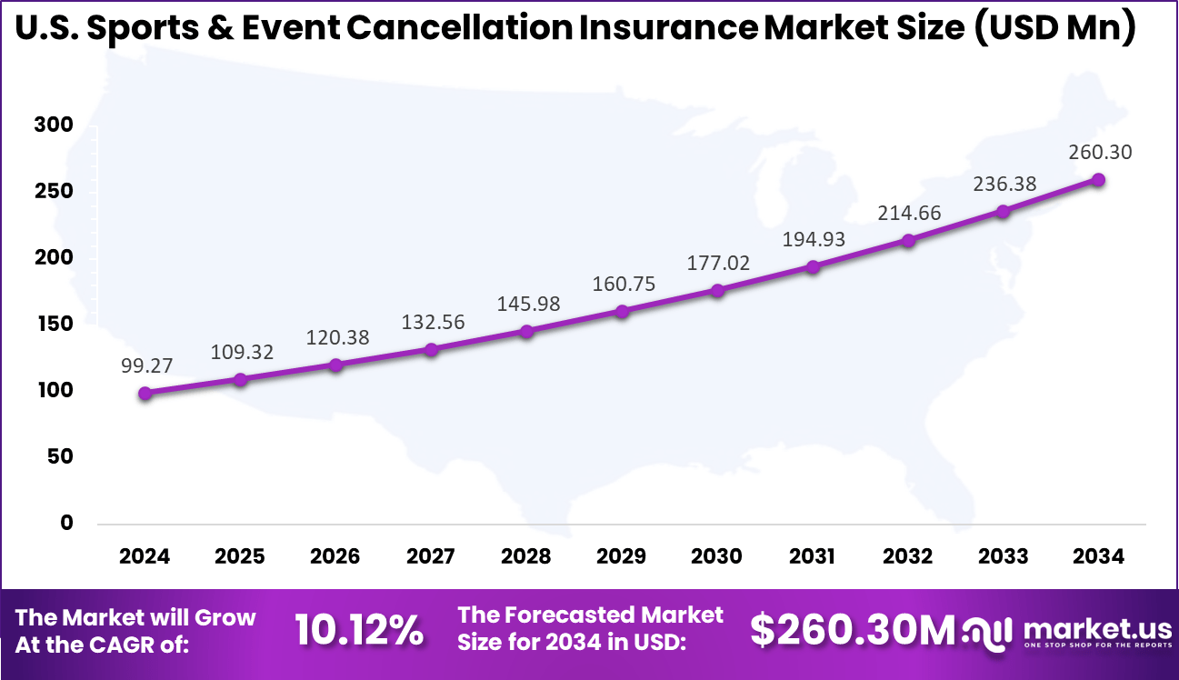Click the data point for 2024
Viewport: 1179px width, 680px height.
click(145, 393)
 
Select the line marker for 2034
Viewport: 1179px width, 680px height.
click(1098, 180)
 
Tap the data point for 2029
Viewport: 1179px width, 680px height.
click(622, 311)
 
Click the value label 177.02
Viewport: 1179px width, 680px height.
click(717, 264)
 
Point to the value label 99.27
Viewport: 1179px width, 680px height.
click(145, 365)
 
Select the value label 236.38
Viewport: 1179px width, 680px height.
click(1003, 185)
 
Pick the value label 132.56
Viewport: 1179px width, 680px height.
click(432, 322)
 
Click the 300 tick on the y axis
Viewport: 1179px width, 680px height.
click(54, 125)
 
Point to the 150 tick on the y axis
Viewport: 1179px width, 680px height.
click(54, 325)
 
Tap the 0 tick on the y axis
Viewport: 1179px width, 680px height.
click(66, 523)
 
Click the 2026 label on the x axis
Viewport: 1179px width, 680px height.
click(335, 555)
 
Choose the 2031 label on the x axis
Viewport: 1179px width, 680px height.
click(812, 555)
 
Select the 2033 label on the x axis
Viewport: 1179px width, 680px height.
click(1003, 555)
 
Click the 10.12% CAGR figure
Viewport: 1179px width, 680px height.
click(359, 629)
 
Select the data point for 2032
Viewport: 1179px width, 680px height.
click(907, 240)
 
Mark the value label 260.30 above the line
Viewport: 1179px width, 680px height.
click(1100, 152)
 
